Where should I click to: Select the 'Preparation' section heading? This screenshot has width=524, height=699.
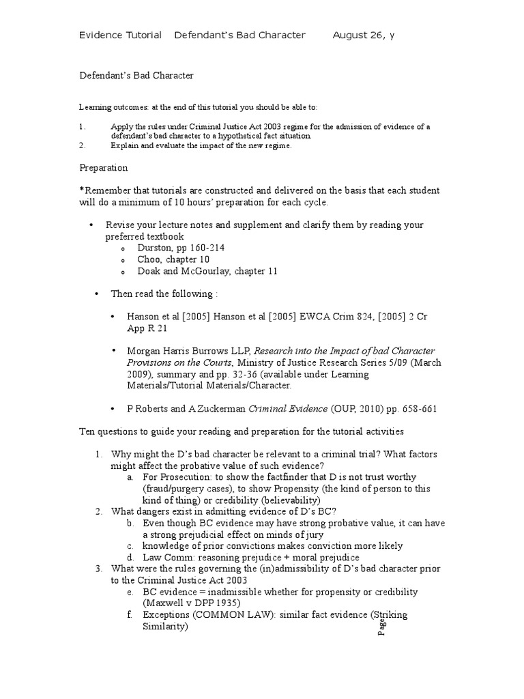103,167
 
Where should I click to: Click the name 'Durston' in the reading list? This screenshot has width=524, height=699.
155,248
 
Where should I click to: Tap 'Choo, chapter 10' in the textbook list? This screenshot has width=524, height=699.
173,260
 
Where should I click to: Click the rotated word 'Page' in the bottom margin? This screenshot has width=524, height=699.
382,627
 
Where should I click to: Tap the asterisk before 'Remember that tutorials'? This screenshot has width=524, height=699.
82,190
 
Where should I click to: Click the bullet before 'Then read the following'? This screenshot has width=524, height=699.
96,294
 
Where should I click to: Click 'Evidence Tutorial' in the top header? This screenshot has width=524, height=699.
121,35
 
